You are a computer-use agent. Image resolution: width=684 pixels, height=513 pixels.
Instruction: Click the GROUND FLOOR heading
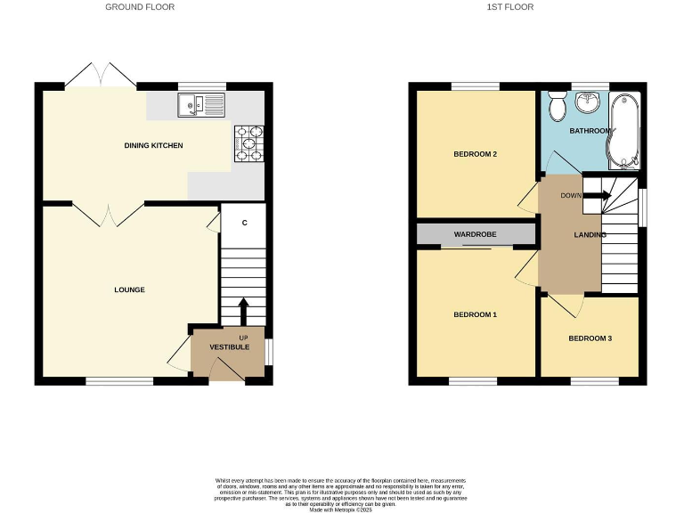pos(140,7)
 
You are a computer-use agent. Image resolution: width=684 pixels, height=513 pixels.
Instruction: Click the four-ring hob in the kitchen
pos(248,144)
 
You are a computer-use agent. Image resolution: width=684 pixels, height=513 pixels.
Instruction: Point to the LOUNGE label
pos(129,290)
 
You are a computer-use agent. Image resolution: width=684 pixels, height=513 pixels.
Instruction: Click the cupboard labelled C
pos(244,223)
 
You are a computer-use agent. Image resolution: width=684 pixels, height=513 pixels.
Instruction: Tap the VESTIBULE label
pos(229,346)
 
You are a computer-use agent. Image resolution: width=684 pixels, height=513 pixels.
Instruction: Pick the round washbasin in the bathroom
pos(590,105)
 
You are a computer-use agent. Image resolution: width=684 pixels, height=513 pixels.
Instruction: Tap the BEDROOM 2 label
pos(475,154)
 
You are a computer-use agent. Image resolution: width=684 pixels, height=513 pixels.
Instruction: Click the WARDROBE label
pos(475,234)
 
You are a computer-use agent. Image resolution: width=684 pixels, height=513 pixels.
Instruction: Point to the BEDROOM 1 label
pos(475,315)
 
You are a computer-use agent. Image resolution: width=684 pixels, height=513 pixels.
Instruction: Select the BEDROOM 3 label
pos(590,338)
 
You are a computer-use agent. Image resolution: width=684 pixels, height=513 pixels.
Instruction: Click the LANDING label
pos(590,235)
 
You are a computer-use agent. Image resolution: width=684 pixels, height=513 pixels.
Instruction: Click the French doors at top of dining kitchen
pos(100,74)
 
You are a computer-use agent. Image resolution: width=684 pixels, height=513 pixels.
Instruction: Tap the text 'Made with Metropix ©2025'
pos(342,509)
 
